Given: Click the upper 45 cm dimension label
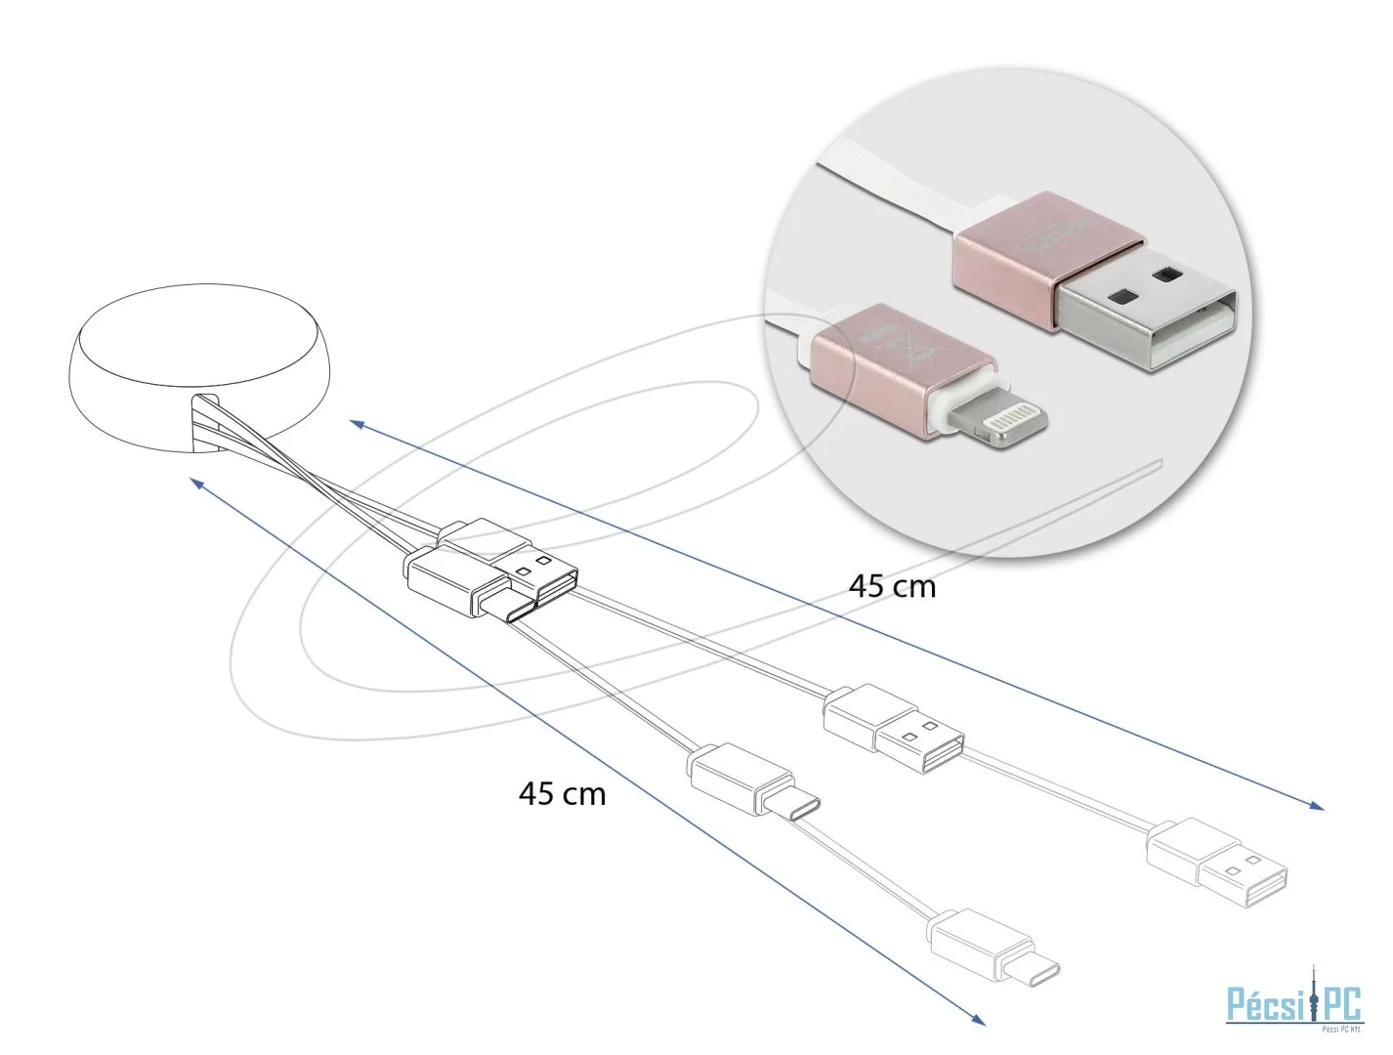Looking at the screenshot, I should [891, 587].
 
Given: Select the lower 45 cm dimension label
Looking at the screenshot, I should [562, 793].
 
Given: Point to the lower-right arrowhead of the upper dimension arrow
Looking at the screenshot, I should [1318, 806].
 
